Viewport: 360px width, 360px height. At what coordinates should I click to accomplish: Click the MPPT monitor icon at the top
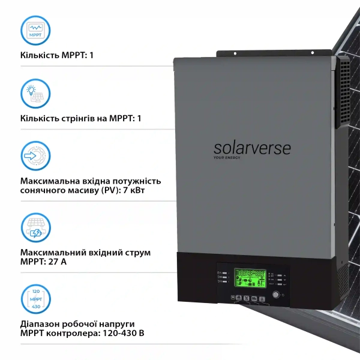(x=35, y=29)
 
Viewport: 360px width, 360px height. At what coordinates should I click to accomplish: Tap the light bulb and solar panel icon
(x=35, y=94)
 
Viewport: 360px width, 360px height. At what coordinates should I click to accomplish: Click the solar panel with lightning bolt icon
(x=35, y=226)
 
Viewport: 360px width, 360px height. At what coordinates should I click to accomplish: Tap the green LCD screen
(x=250, y=279)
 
